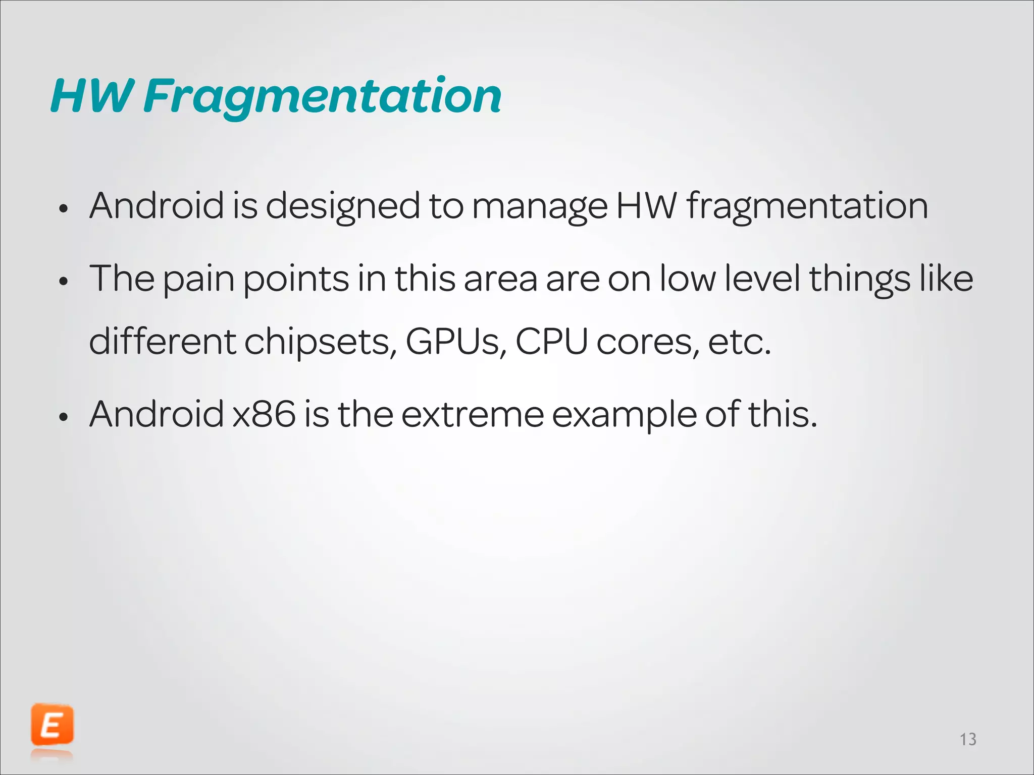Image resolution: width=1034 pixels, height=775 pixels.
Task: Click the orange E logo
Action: click(52, 725)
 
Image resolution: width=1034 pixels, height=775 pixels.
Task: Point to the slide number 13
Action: click(968, 740)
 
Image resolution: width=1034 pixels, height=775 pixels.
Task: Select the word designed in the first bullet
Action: click(342, 207)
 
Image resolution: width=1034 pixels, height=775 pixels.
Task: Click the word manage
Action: click(540, 207)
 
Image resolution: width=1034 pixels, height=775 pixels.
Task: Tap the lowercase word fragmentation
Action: click(807, 207)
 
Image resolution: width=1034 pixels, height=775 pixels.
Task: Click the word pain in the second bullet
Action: click(198, 279)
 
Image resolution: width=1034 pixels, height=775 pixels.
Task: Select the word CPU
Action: click(551, 341)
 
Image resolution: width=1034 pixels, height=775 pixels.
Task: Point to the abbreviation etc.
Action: click(740, 342)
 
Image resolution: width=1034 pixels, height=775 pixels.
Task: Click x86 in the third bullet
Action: click(264, 414)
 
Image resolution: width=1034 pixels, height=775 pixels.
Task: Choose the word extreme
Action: click(472, 414)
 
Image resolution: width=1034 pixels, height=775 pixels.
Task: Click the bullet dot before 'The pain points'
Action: click(63, 282)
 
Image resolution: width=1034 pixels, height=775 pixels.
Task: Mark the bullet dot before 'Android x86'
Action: click(63, 417)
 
